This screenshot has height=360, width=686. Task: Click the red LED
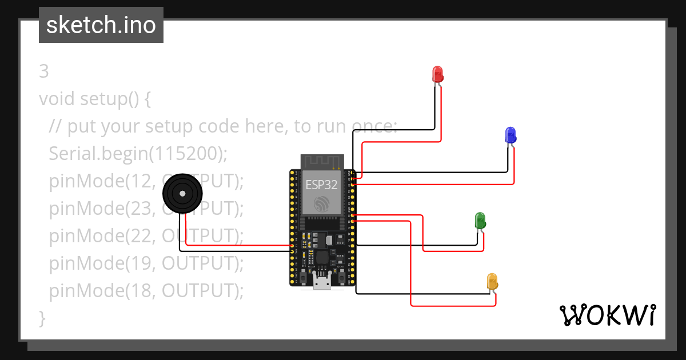437,74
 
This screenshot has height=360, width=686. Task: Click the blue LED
510,135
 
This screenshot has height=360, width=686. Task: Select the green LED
480,220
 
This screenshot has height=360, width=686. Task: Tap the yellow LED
492,281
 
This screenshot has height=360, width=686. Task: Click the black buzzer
182,194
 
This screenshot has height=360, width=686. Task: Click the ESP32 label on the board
321,185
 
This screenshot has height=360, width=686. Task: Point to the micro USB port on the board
321,282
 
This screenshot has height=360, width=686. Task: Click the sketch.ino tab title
101,25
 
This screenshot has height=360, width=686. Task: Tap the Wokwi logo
607,315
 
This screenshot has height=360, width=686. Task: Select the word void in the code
57,99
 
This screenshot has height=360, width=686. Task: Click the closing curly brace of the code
42,318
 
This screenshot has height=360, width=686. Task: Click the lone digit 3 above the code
44,71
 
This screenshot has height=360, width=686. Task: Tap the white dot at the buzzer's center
182,194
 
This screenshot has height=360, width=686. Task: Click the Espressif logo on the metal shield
321,203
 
